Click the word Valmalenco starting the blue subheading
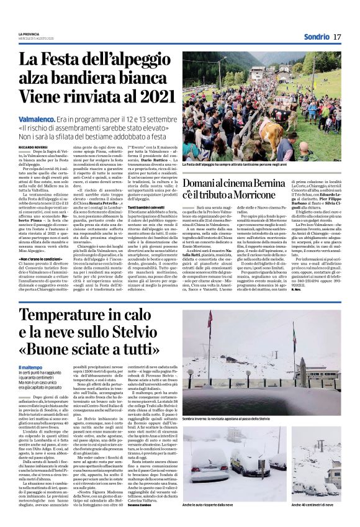(37, 116)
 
